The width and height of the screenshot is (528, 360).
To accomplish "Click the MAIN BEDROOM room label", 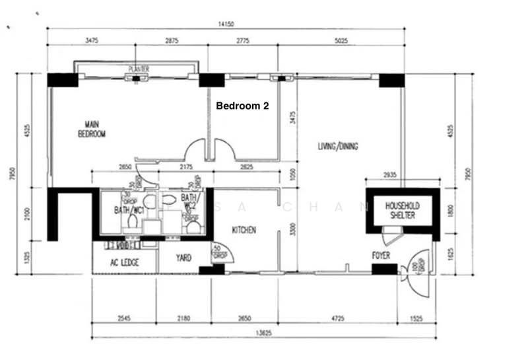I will click(91, 129).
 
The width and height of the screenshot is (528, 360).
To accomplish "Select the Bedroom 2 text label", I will click(242, 105).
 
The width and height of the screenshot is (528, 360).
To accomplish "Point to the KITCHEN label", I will click(243, 230).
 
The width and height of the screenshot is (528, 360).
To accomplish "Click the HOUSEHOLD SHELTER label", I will click(403, 211).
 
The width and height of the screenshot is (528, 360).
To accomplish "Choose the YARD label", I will click(183, 258).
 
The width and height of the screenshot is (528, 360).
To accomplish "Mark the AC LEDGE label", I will click(123, 263).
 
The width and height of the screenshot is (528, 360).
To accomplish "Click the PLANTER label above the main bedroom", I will click(139, 69).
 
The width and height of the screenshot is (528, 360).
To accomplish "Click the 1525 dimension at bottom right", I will click(415, 319).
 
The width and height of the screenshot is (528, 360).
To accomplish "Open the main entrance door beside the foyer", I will click(417, 268).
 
